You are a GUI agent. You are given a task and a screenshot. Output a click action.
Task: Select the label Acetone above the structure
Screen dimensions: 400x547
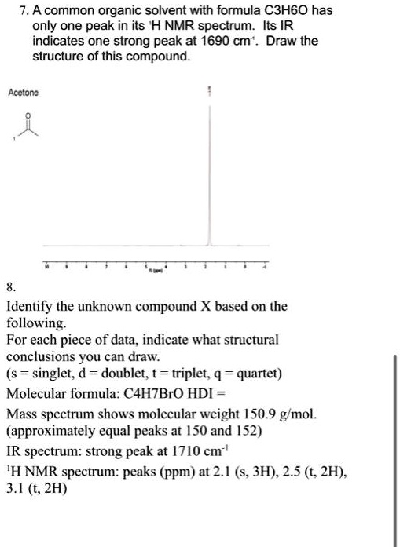(x=23, y=93)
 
